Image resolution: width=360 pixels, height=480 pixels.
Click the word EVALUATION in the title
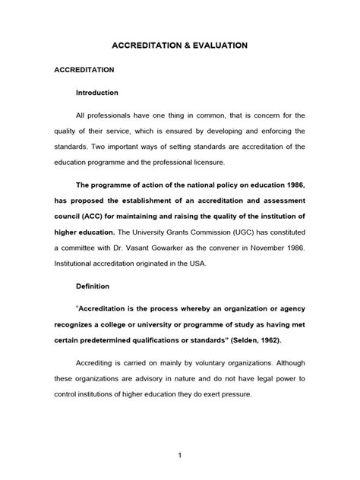(216, 46)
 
